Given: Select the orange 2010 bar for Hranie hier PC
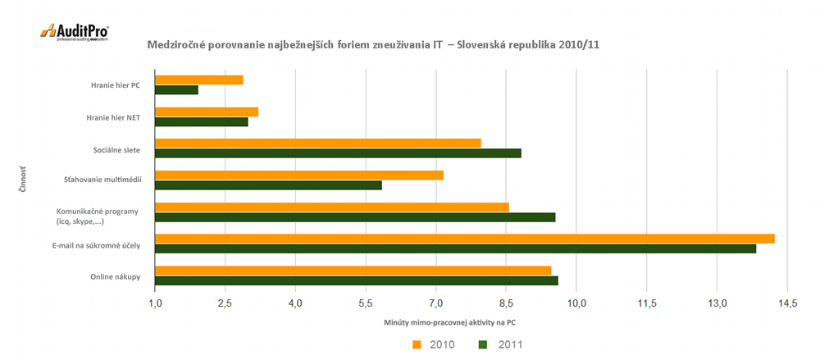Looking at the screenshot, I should [x=199, y=80].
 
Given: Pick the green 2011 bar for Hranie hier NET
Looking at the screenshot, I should [x=202, y=121].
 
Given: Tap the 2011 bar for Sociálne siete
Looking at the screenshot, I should [x=338, y=153].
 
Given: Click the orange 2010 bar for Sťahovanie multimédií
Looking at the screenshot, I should [x=299, y=175].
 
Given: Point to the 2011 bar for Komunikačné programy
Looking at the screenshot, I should [x=355, y=217].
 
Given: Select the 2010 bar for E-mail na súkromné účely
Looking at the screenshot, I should [x=465, y=239].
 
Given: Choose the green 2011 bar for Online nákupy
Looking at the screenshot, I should [x=357, y=280].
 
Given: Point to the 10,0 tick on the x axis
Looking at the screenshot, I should [x=576, y=304].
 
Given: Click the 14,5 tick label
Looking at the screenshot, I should [x=787, y=304].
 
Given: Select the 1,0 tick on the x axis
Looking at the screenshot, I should [x=155, y=304].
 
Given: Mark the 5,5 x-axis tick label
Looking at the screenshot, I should [x=366, y=304].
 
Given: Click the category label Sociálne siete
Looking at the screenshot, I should [x=116, y=148].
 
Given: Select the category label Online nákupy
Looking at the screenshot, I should [x=115, y=276].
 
